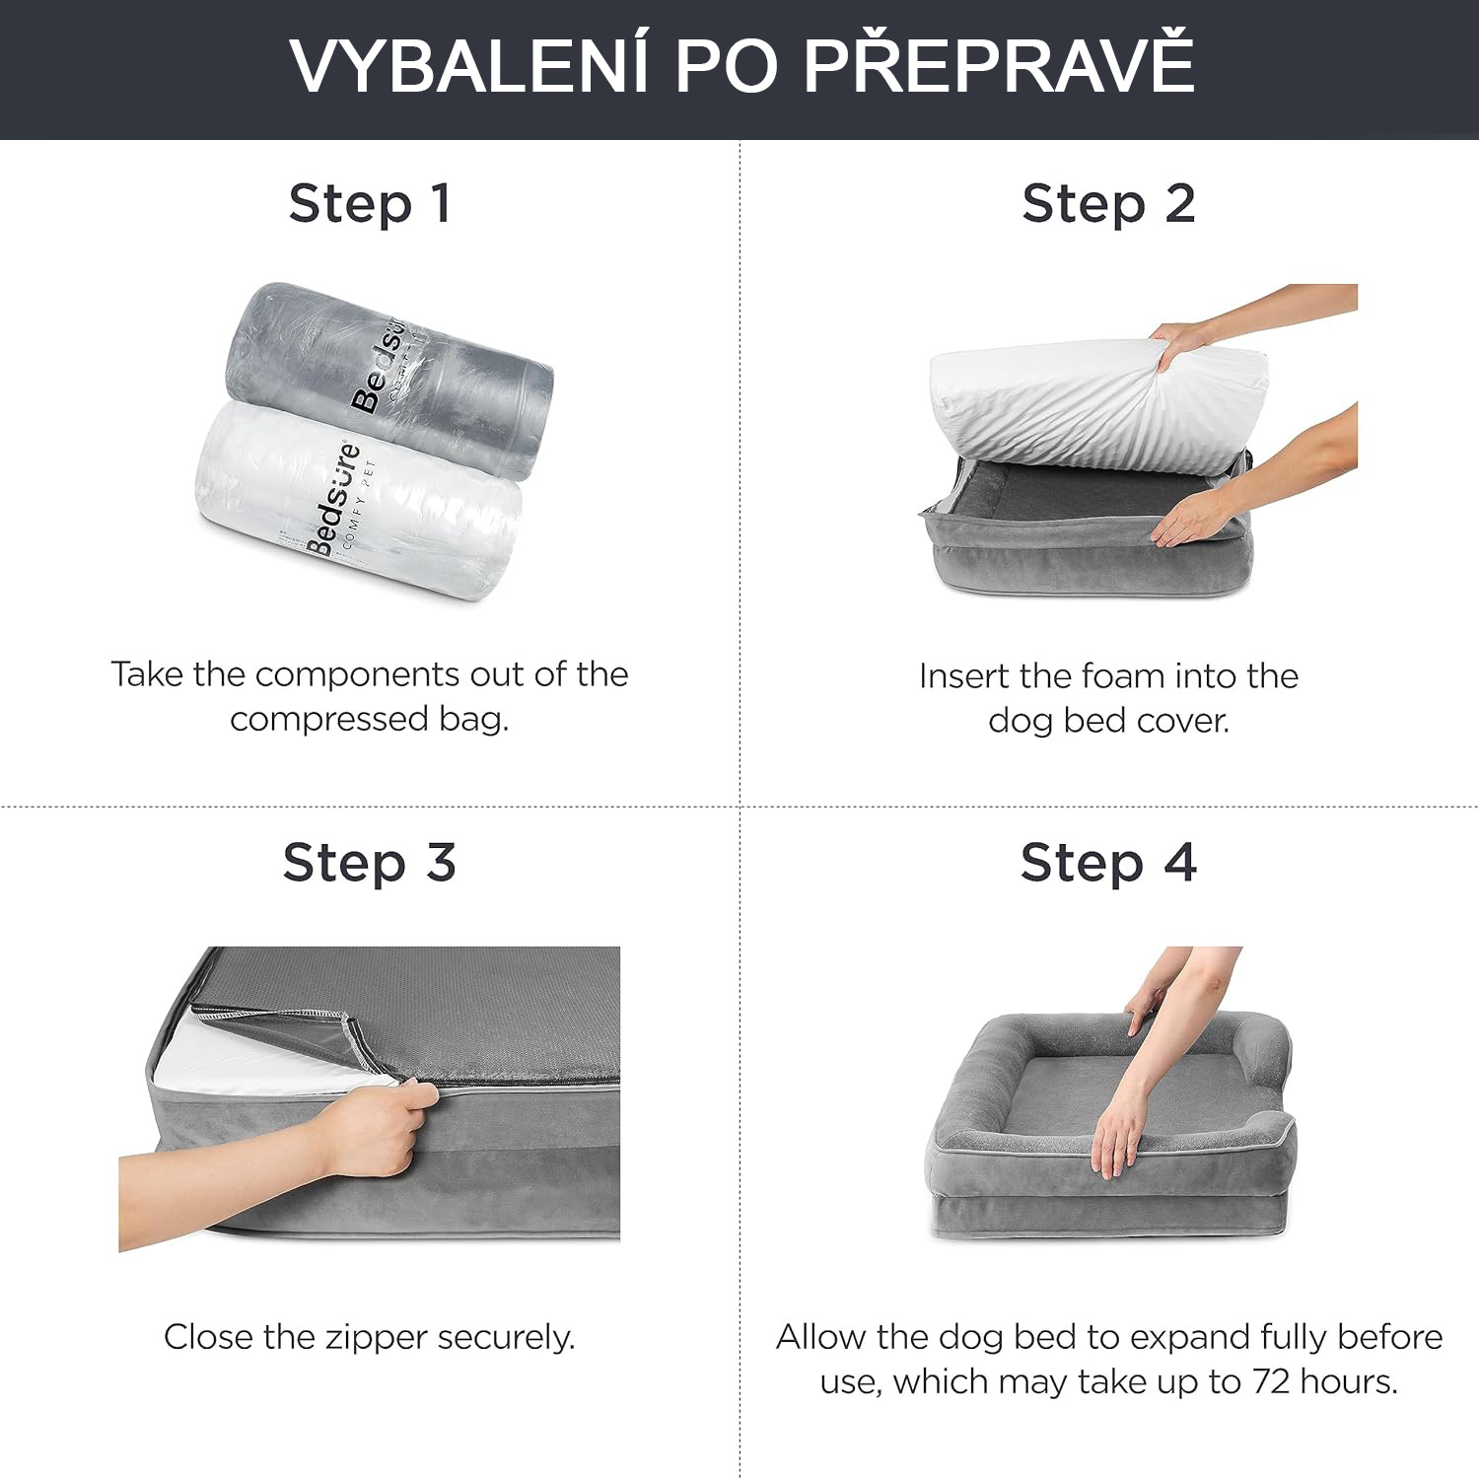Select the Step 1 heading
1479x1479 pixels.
370,204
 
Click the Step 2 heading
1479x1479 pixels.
1108,204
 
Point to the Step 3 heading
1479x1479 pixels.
370,863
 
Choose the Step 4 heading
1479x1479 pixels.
1108,863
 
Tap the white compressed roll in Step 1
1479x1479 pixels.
360,503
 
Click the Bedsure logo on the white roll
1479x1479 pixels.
335,499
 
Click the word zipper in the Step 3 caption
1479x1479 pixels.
368,1339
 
